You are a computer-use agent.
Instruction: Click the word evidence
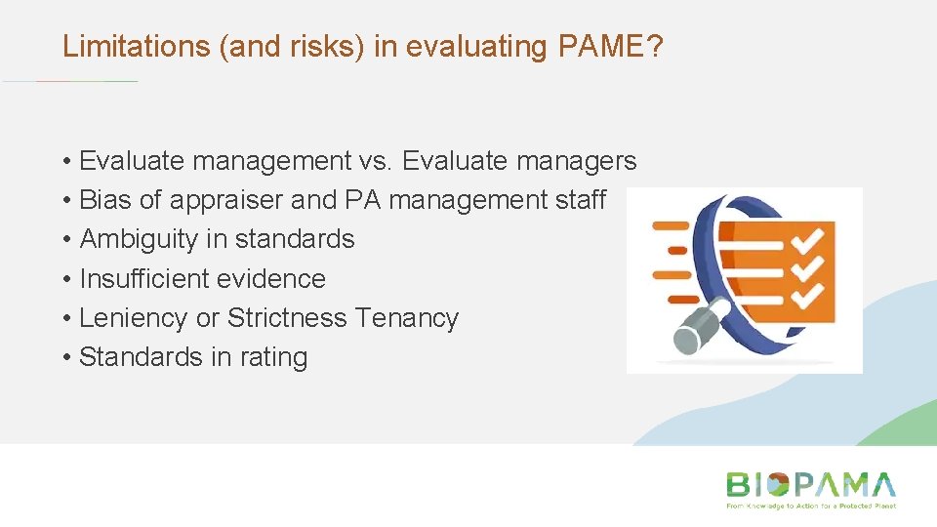pos(275,279)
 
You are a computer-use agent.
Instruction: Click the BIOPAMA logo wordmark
pos(810,485)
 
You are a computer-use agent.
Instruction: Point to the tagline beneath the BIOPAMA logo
pos(810,506)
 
